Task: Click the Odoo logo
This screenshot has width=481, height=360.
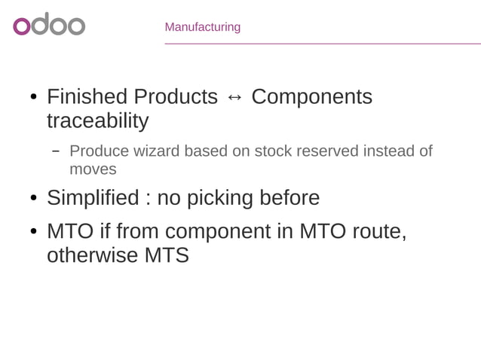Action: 49,25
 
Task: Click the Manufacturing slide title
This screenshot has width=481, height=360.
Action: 202,27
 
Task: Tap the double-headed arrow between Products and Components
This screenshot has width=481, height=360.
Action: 234,97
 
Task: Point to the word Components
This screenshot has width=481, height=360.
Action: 311,97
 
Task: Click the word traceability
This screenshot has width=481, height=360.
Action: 97,121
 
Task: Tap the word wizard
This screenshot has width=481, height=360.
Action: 156,151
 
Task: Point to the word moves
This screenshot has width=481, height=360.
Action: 93,169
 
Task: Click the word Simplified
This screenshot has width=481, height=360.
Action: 93,198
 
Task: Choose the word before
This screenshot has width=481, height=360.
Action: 290,198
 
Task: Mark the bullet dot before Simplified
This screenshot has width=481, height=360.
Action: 34,199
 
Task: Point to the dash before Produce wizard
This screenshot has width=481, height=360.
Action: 56,151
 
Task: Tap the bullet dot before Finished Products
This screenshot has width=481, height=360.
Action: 34,98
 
